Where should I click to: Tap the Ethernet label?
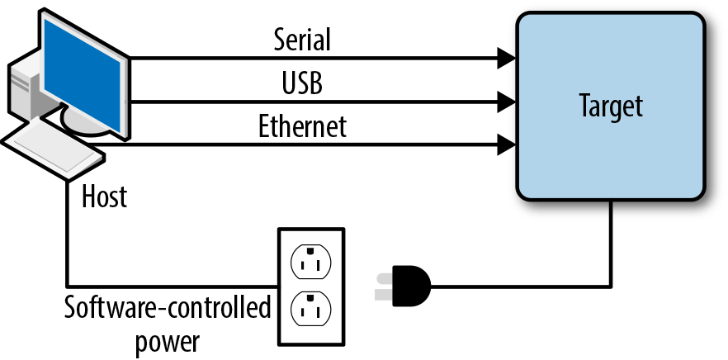point(303,127)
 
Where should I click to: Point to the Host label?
point(105,197)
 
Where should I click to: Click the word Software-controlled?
point(168,309)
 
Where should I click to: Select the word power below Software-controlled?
point(168,339)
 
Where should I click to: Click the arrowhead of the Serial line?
point(505,59)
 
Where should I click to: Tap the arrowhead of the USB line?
point(505,102)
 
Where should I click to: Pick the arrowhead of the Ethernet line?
point(505,146)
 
